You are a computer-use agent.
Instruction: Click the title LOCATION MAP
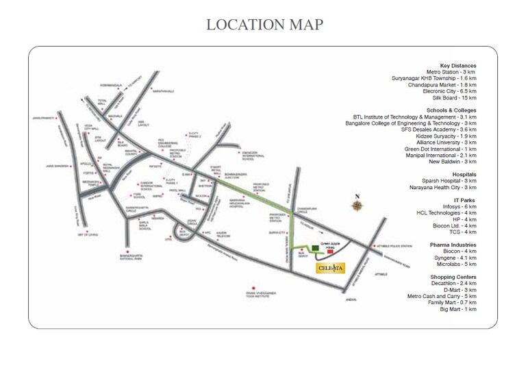coord(264,25)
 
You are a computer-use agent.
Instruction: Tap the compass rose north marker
coord(357,206)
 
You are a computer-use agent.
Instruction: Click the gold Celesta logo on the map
coord(335,268)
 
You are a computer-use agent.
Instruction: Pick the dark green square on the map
coord(315,247)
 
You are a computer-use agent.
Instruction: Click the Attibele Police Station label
coord(393,245)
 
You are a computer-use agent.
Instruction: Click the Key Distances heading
coord(457,65)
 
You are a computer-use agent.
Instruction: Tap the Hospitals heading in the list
coord(459,175)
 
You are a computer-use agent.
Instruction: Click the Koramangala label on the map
coord(110,85)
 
